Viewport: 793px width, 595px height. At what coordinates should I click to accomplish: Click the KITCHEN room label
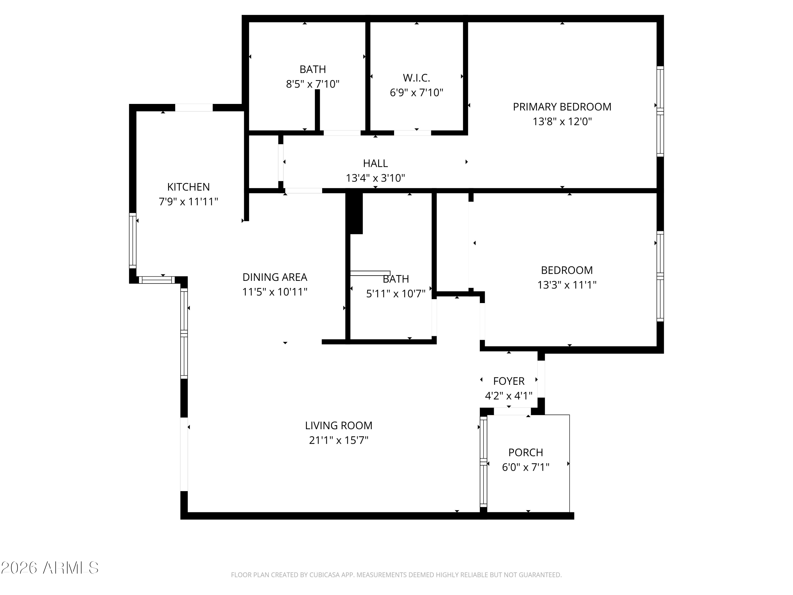(188, 187)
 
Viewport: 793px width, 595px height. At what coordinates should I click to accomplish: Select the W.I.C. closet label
(416, 78)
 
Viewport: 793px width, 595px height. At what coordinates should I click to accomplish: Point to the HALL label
(375, 163)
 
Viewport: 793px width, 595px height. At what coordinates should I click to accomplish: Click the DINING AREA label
(275, 277)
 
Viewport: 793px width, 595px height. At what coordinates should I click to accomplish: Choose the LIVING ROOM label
(339, 426)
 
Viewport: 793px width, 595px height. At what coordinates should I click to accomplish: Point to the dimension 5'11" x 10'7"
(395, 294)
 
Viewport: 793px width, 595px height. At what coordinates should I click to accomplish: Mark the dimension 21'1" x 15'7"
(339, 440)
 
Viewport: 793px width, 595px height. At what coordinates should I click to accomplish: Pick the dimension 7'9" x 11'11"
(188, 202)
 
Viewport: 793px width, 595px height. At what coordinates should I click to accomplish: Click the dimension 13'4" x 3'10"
(375, 178)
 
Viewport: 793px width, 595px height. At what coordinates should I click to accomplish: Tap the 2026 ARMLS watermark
(49, 568)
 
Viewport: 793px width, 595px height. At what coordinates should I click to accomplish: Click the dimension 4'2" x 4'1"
(509, 396)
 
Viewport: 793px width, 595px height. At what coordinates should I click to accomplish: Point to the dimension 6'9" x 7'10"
(416, 93)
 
